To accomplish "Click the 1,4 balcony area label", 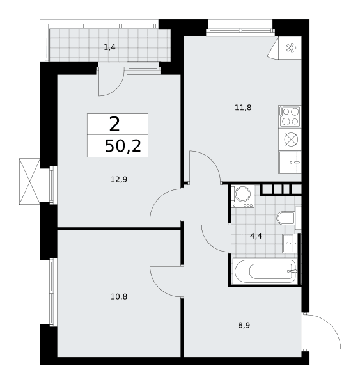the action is (x=109, y=47).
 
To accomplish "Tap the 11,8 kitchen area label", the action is (x=243, y=108).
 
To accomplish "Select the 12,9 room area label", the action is (x=119, y=179).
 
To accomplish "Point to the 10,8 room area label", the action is (x=119, y=296).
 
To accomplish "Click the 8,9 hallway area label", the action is (x=244, y=325).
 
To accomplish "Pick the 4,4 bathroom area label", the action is (x=256, y=236).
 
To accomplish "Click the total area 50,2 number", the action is (x=123, y=146).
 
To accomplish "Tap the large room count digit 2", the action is (x=114, y=124).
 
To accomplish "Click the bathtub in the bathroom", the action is (x=265, y=271).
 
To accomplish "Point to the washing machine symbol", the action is (x=243, y=196).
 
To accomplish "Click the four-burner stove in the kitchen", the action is (x=290, y=116).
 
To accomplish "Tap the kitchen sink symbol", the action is (x=290, y=163).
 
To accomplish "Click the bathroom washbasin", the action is (x=290, y=243).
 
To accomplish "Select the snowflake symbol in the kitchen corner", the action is (x=291, y=48).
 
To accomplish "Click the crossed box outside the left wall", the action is (x=29, y=181).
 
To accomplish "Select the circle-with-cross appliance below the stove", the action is (x=291, y=140).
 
